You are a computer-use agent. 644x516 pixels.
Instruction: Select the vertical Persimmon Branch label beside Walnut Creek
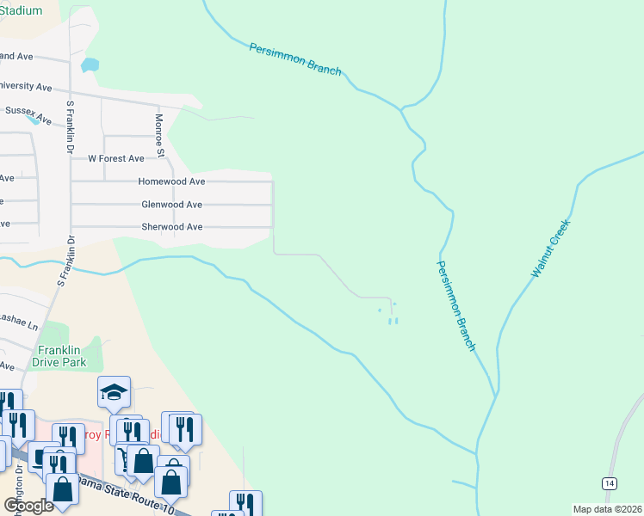click(x=455, y=306)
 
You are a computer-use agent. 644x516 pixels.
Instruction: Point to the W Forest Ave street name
click(x=116, y=159)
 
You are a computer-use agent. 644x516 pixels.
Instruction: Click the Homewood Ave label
click(x=171, y=182)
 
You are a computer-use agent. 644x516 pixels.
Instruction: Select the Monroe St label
click(x=159, y=136)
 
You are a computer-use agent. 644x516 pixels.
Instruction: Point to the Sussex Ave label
click(x=28, y=111)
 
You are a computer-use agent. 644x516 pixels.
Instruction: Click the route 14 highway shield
click(x=610, y=485)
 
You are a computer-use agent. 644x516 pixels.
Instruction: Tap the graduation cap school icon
click(x=114, y=392)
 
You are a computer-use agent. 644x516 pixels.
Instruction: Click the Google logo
click(x=28, y=506)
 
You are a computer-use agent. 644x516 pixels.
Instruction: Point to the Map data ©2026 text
click(x=607, y=509)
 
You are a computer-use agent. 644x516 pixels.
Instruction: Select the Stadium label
click(x=22, y=10)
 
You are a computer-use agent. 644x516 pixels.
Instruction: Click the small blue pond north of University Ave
click(x=89, y=64)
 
